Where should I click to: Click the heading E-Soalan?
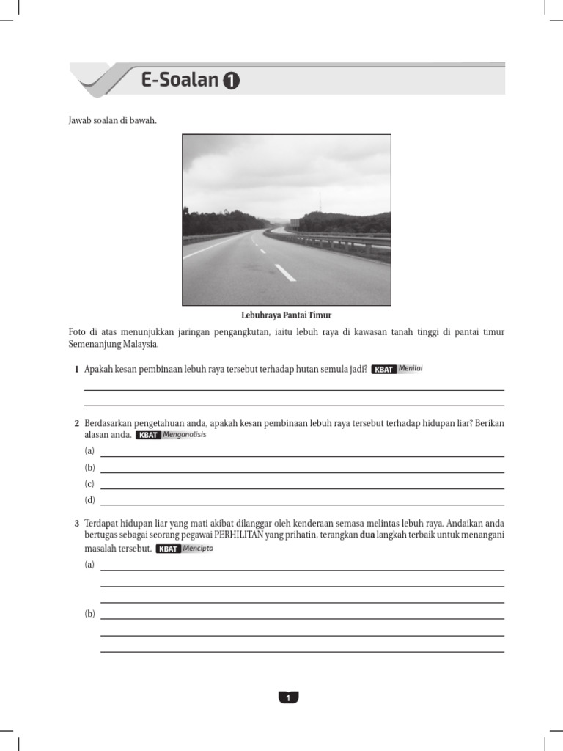coord(180,81)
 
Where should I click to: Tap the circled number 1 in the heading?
coord(231,81)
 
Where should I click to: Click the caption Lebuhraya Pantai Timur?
coord(287,315)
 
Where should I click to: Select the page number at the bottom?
coord(288,697)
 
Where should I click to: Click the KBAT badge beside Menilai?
coord(384,370)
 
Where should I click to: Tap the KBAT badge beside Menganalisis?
coord(149,435)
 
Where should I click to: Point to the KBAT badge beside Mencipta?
coord(169,549)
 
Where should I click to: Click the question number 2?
coord(77,424)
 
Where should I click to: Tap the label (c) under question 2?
coord(90,484)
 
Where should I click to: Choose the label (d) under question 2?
coord(90,500)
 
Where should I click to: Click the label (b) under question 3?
coord(90,614)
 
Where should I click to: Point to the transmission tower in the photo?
coord(319,202)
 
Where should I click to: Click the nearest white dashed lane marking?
coord(285,273)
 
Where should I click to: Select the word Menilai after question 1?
coord(411,369)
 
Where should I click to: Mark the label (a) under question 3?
coord(90,565)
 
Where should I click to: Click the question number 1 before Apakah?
coord(77,370)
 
